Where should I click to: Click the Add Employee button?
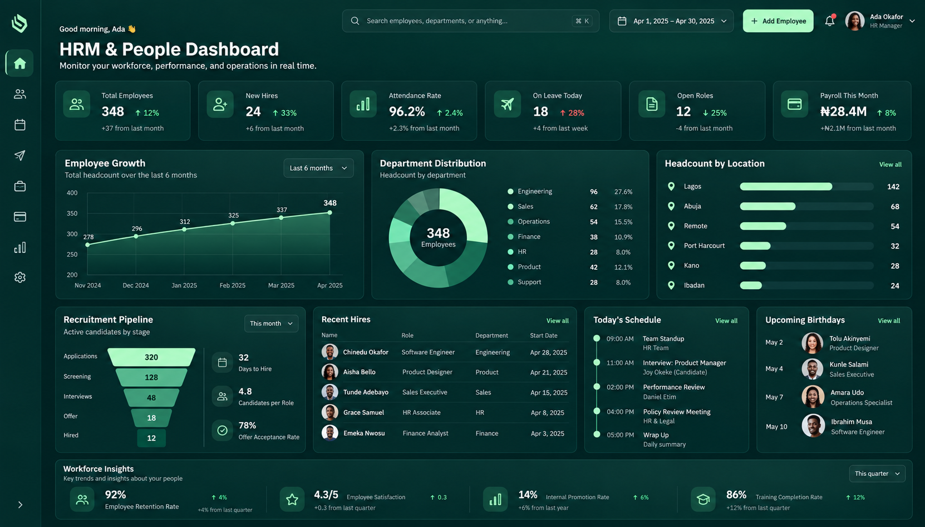(x=778, y=21)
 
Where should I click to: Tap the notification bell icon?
(x=830, y=21)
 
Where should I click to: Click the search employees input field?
(x=470, y=21)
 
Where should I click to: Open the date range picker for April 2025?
(x=671, y=21)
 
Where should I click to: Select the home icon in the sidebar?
(x=20, y=64)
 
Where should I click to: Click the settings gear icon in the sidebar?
(x=20, y=277)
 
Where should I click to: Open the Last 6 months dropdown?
(x=318, y=168)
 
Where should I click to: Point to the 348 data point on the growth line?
(x=329, y=212)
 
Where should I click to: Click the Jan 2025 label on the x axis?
(x=184, y=285)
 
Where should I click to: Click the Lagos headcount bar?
(x=786, y=187)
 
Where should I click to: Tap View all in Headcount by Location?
(x=890, y=164)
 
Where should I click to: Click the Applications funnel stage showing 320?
(x=151, y=357)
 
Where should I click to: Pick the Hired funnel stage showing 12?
(x=151, y=438)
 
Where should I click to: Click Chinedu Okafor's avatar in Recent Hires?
(x=329, y=352)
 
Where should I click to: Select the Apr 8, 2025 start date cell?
(x=547, y=412)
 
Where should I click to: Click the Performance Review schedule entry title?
(x=673, y=387)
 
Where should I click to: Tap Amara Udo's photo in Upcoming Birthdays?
(x=813, y=397)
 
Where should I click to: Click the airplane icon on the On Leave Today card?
(x=507, y=104)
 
